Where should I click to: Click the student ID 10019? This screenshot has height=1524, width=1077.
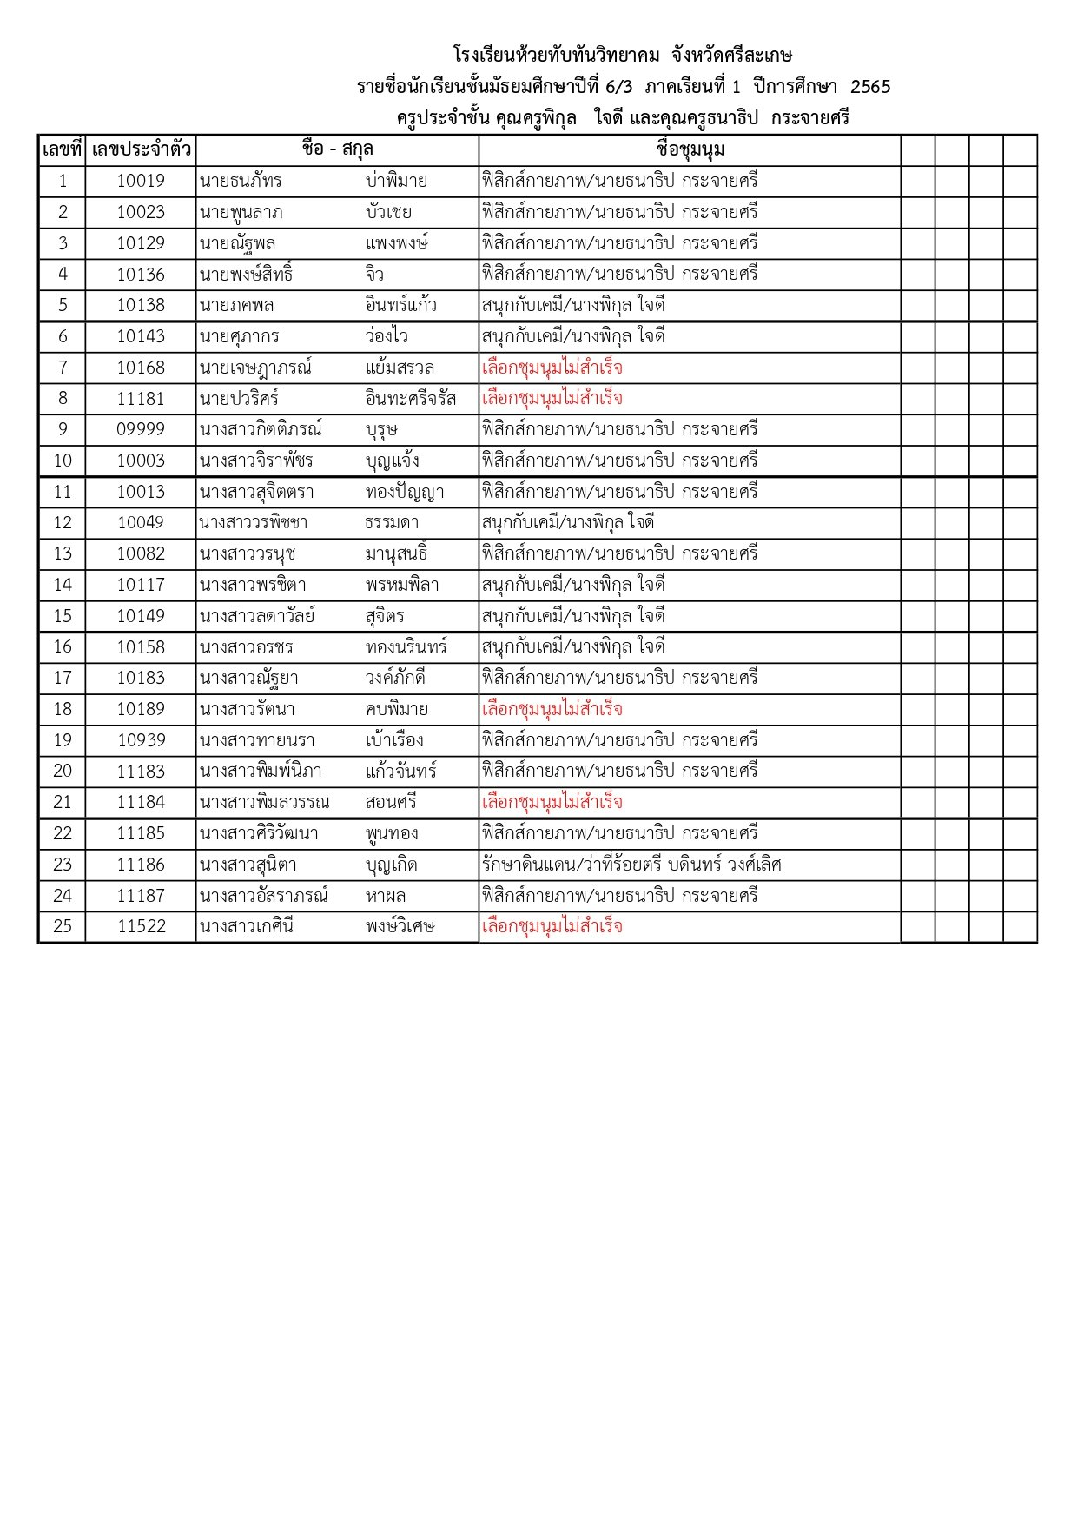coord(141,182)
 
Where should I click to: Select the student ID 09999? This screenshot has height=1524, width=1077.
coord(141,430)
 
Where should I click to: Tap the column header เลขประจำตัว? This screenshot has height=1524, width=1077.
coord(141,150)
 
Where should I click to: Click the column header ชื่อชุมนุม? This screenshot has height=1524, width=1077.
coord(690,150)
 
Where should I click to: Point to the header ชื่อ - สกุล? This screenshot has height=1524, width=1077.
coord(337,150)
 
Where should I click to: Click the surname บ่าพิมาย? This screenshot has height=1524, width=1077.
coord(396,182)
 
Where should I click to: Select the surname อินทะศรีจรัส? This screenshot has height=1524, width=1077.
coord(411,399)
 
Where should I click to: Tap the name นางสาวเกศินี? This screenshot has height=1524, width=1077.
coord(247,926)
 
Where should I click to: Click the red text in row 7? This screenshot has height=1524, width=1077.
coord(552,368)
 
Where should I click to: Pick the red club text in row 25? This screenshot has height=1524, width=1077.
coord(552,926)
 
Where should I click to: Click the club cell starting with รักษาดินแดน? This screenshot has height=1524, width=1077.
coord(631,865)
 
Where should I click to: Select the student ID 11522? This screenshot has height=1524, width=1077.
coord(141,926)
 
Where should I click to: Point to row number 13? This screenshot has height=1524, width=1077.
coord(63,554)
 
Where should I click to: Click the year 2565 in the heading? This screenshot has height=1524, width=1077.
coord(870,87)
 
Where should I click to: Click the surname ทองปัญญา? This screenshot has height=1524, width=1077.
coord(405,493)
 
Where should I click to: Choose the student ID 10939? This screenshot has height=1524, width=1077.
coord(141,740)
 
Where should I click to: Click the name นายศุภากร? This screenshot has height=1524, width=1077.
coord(240,337)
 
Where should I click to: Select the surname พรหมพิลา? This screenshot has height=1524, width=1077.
coord(402,586)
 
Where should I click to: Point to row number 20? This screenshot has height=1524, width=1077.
coord(63,772)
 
